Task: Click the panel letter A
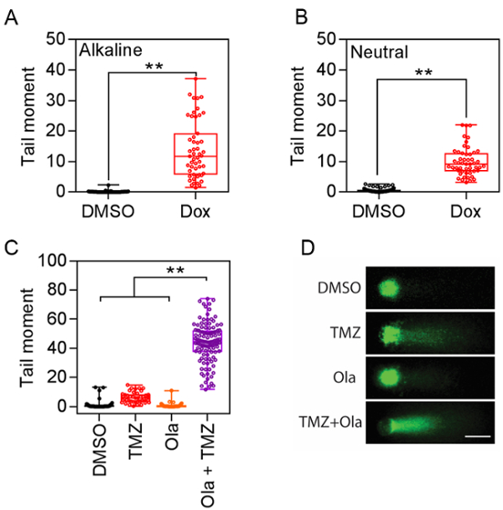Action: click(11, 16)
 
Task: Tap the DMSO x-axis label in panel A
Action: click(108, 209)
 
